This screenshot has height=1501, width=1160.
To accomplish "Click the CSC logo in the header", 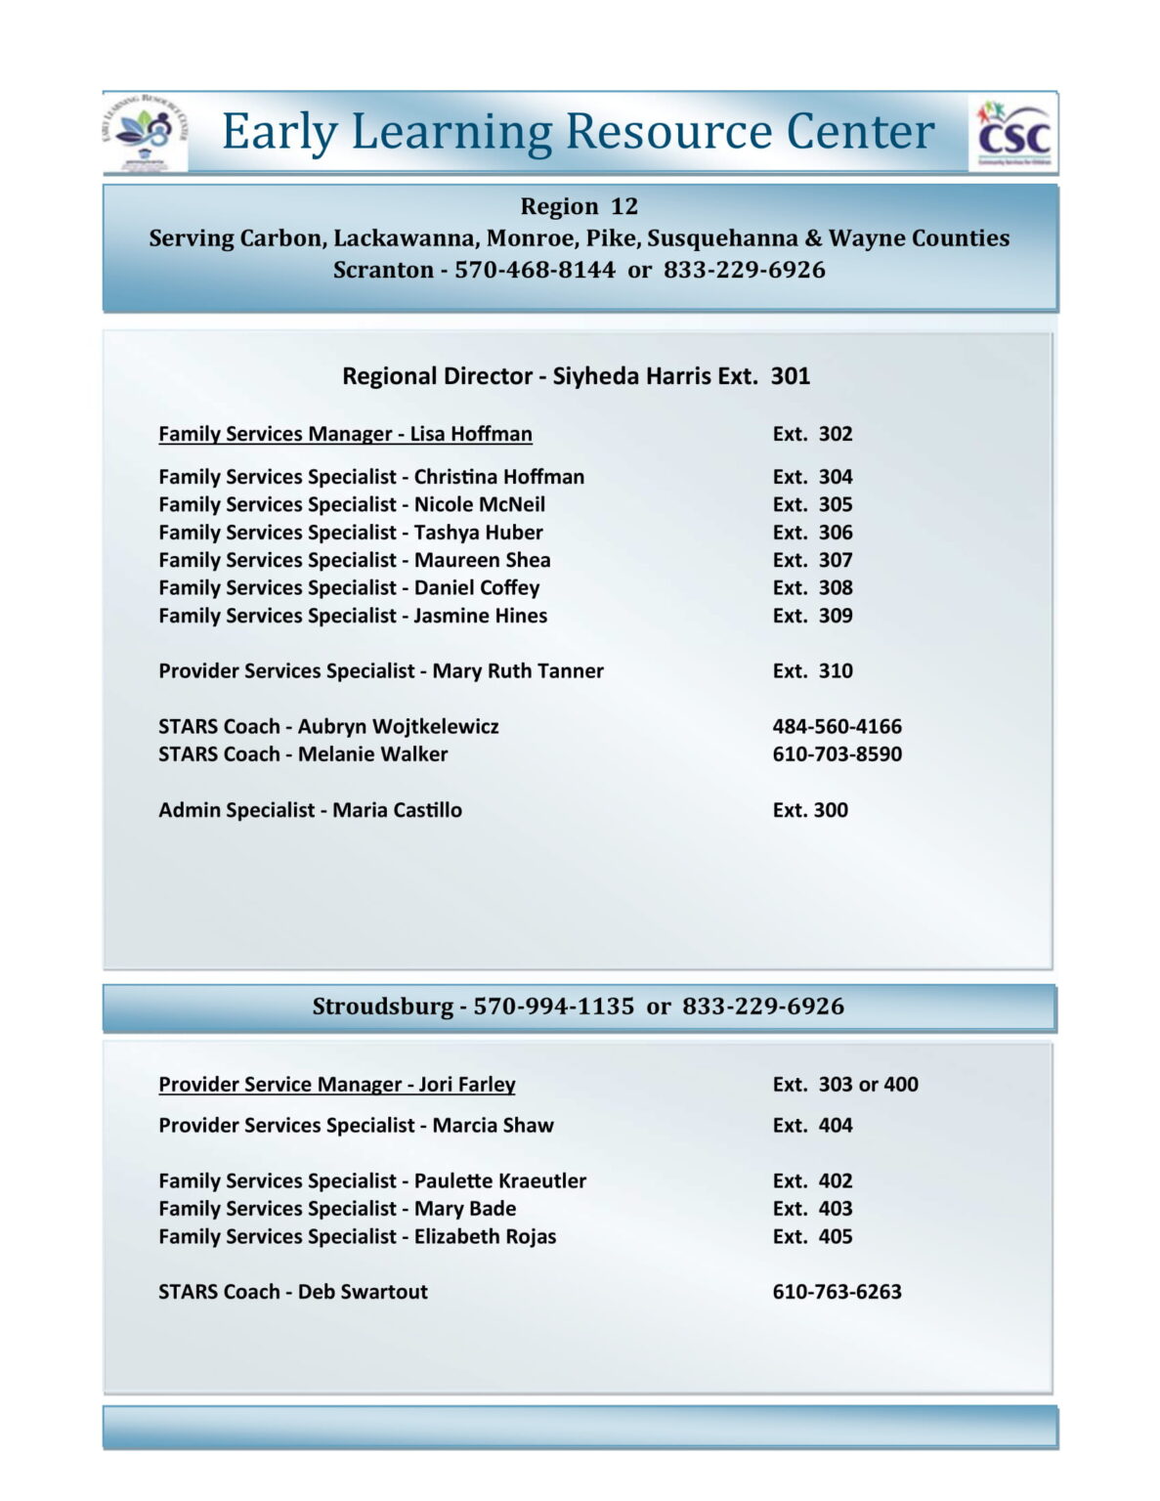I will coord(1012,134).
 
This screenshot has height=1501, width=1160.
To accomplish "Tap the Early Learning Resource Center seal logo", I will coord(145,133).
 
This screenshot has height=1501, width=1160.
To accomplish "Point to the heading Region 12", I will coord(579,206).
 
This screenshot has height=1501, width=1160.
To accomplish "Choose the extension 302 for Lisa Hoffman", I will coord(812,434).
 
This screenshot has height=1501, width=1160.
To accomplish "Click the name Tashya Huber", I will coord(478,533).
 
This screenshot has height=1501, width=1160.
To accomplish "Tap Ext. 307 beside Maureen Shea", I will coord(812,560).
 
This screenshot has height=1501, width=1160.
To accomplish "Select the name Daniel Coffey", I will coord(476,588).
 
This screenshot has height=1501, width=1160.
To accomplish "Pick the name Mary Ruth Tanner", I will coord(518,671).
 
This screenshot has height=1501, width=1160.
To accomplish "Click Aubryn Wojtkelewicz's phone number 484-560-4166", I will coord(837,726).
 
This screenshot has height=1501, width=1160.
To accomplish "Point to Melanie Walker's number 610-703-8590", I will coord(837,754).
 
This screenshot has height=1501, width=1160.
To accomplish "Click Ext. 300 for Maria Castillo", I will coord(810,810).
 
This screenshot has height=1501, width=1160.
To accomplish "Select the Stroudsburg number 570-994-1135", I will coord(553,1007).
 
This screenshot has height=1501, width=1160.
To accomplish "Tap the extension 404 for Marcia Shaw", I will coord(812,1126).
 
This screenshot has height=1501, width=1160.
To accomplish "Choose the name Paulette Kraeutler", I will coord(499,1181).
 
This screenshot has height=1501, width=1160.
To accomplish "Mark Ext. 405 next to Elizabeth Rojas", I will coord(812,1237).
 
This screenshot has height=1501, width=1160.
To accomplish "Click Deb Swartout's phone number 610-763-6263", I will coord(837,1292).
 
